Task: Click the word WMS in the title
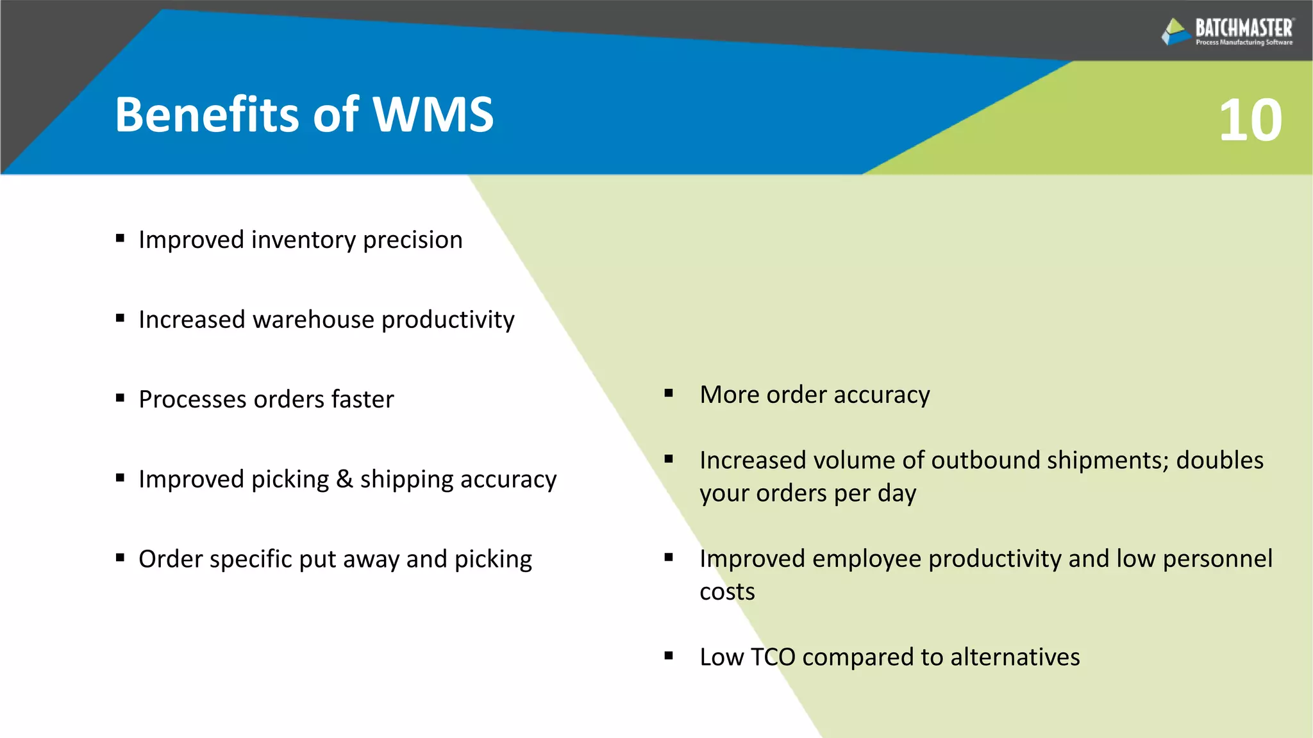433,115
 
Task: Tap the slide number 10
1250,120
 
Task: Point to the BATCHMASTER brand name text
1244,28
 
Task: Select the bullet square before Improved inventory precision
120,238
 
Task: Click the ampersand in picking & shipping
344,479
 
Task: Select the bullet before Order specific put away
120,558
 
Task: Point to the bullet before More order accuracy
669,393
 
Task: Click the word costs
727,592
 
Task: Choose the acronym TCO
773,657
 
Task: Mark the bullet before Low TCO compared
669,655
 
